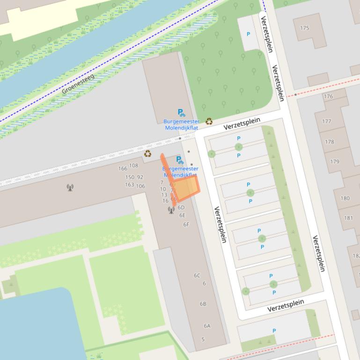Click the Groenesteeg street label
coord(78,84)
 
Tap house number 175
coord(304,28)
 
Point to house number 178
coord(330,142)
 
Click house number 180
coord(345,198)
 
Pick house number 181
coord(348,218)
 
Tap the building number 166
coord(123,169)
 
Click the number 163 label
coord(130,185)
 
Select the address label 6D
coord(181,208)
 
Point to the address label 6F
coord(186,224)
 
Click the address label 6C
coord(197,275)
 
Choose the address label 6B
coord(203,304)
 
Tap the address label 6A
coord(207,326)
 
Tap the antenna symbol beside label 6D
coord(171,210)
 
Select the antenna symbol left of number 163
coord(70,188)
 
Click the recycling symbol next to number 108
coord(148,154)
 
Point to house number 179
coord(334,162)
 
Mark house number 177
coord(326,122)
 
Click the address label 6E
coord(183,216)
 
